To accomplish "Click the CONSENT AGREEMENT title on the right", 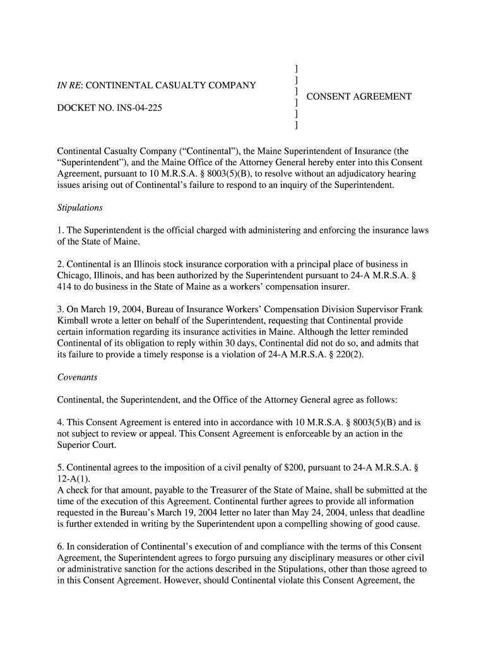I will pyautogui.click(x=359, y=97).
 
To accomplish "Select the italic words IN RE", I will pyautogui.click(x=69, y=85).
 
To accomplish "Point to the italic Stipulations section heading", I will pyautogui.click(x=80, y=208).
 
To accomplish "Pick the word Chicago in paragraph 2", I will pyautogui.click(x=74, y=276).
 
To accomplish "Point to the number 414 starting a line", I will pyautogui.click(x=65, y=287).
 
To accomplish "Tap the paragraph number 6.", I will pyautogui.click(x=60, y=546).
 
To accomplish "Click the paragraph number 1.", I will pyautogui.click(x=60, y=231).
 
